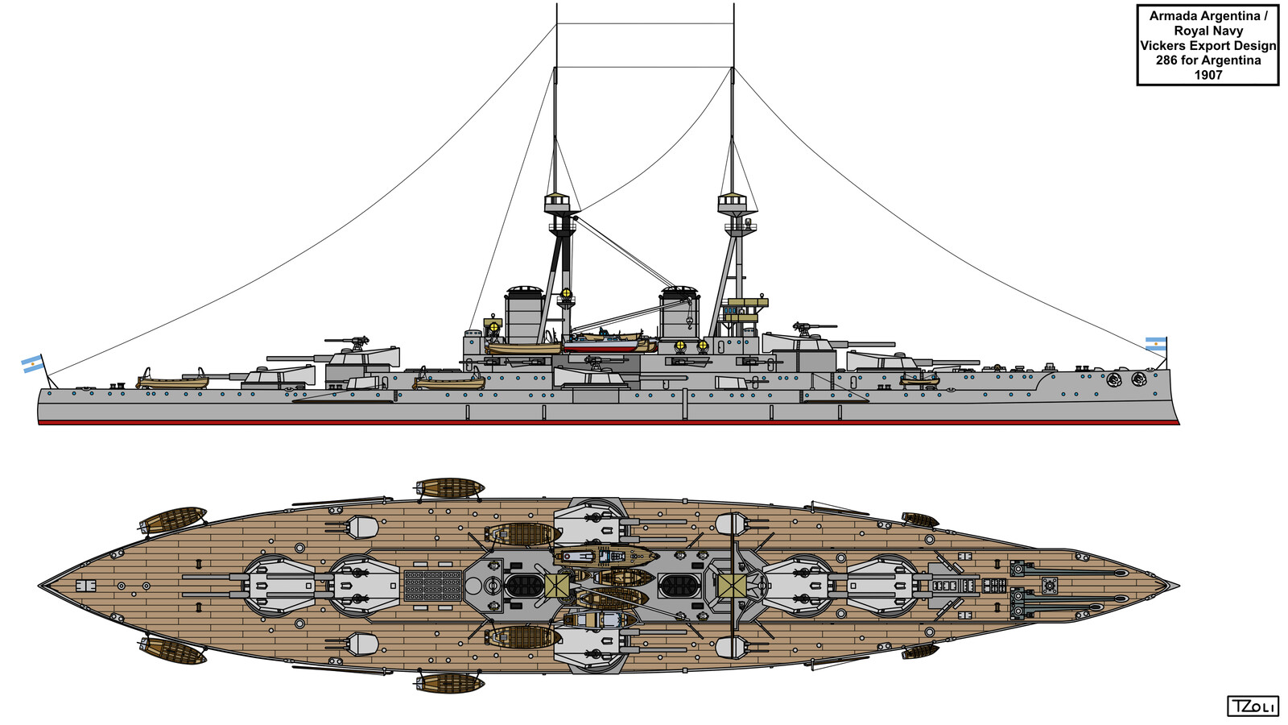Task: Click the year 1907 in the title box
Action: coord(1207,75)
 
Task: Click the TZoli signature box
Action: coord(1253,706)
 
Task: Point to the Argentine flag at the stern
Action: coord(33,364)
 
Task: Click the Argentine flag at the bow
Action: coord(1156,344)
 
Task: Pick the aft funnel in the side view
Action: coord(523,314)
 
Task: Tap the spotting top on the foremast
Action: coord(732,201)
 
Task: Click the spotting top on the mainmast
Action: coord(561,201)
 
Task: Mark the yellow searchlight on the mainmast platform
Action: coord(566,293)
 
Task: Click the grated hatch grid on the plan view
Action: coord(433,586)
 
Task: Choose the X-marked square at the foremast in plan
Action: coord(732,586)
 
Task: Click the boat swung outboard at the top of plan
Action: coord(450,487)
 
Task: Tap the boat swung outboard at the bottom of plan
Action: coord(450,684)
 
